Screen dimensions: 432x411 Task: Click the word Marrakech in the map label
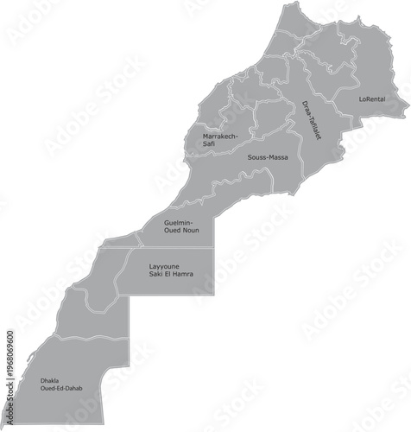click(219, 137)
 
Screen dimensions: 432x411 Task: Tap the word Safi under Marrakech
click(209, 145)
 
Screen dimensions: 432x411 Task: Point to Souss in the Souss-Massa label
click(256, 158)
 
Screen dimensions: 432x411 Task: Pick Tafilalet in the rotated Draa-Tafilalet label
click(312, 133)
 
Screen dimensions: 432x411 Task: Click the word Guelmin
click(180, 223)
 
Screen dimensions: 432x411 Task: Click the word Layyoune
click(165, 267)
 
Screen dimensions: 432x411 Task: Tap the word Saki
click(156, 275)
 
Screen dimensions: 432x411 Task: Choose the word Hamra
click(183, 275)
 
